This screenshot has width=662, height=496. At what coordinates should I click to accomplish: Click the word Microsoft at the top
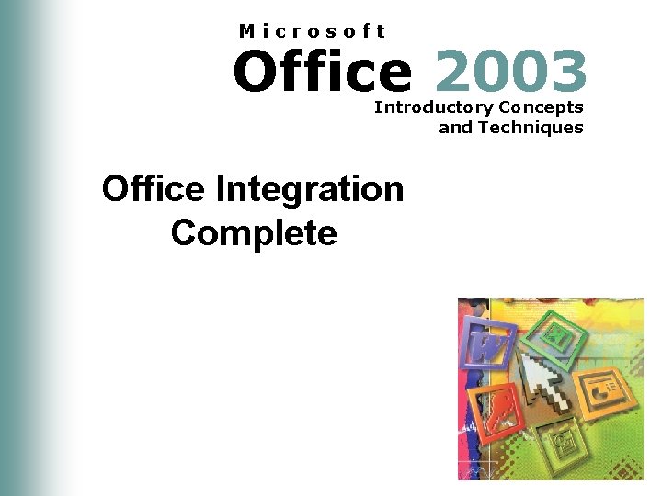(x=312, y=31)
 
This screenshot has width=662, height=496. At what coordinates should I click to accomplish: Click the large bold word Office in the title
(x=322, y=72)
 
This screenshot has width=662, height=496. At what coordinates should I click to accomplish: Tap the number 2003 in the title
(x=511, y=72)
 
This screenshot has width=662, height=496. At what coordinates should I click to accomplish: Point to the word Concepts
(x=542, y=107)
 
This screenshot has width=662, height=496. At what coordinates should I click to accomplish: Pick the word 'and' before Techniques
(x=455, y=128)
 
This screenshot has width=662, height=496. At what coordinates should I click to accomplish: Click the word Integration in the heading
(x=309, y=189)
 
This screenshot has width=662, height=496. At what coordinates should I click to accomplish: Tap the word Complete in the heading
(x=254, y=232)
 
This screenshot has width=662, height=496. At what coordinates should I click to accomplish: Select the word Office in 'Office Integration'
(x=154, y=189)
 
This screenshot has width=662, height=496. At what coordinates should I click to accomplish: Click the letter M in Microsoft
(x=246, y=31)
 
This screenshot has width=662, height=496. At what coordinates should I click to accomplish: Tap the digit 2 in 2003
(x=455, y=72)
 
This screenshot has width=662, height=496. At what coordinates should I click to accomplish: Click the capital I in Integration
(x=221, y=189)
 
